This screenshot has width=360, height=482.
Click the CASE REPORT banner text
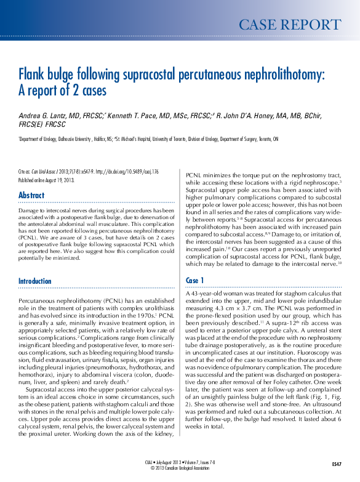point(289,25)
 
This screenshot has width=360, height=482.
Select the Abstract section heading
point(31,196)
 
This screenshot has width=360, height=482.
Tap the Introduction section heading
point(35,281)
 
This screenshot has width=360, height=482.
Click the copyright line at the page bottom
point(180,467)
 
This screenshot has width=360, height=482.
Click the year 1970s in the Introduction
point(145,315)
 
